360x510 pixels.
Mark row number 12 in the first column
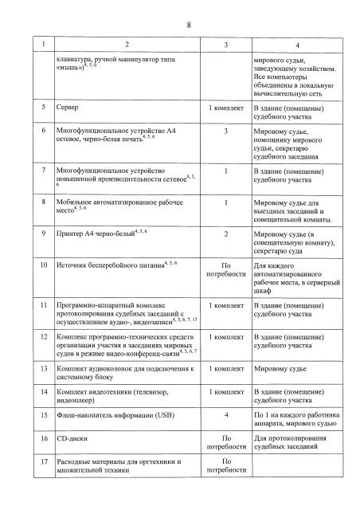coord(34,338)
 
